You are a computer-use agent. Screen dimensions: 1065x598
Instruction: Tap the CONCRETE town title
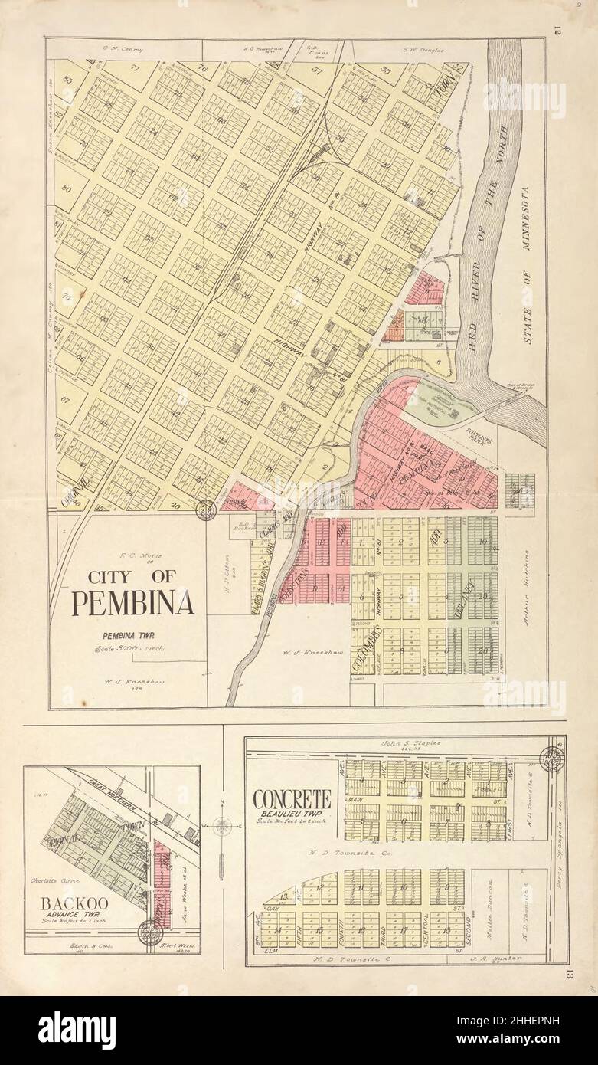coord(292,798)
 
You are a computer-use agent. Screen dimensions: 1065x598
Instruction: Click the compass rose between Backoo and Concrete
coord(221,826)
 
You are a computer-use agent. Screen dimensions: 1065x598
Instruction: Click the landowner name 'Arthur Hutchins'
coord(527,586)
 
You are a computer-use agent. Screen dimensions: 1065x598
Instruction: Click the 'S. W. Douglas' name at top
coord(423,50)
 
